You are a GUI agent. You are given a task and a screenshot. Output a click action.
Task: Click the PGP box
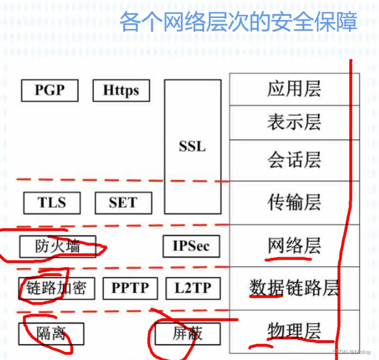point(50,90)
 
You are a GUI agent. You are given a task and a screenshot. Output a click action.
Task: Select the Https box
point(121,90)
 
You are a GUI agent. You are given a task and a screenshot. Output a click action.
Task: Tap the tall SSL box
point(192,147)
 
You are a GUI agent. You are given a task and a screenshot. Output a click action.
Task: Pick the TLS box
point(52,202)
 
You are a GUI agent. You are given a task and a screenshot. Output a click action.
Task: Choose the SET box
point(123,202)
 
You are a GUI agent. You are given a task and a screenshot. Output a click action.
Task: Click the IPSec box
point(191,246)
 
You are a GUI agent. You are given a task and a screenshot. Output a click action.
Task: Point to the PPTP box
point(130,288)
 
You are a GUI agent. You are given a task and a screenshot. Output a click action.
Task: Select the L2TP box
point(192,288)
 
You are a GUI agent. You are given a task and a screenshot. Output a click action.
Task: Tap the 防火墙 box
point(57,246)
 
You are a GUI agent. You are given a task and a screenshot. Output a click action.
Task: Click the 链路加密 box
point(56,288)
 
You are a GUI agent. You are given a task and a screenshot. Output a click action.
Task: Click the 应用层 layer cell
point(294,89)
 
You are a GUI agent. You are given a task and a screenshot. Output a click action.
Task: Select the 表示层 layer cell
point(294,123)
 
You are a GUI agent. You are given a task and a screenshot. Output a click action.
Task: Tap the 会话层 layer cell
point(294,160)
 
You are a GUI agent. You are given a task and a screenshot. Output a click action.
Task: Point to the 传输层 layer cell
point(294,202)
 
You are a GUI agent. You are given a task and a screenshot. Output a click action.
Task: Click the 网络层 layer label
point(294,245)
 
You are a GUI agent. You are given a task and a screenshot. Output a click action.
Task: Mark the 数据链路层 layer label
point(294,288)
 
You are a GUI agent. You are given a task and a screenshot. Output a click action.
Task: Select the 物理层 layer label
point(294,330)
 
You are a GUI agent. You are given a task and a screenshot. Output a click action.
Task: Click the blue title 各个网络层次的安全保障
point(239,22)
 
